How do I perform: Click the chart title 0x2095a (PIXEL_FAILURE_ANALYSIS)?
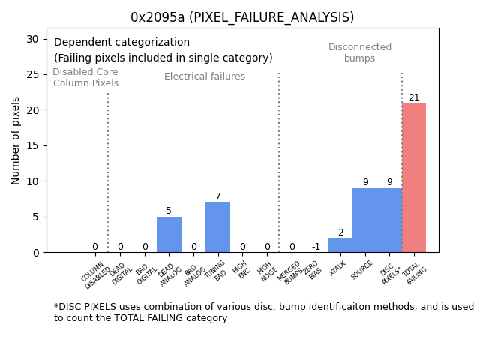242,17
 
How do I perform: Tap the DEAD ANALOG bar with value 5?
169,235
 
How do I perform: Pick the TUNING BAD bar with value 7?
217,227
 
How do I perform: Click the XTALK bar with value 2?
340,245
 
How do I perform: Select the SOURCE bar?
365,220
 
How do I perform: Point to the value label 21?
414,97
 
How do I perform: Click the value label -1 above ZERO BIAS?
316,247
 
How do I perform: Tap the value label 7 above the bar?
218,196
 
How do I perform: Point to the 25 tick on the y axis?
34,74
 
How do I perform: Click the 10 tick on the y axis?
34,181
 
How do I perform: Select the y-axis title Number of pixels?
16,140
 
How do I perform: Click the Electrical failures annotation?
205,76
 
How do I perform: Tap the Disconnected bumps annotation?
360,53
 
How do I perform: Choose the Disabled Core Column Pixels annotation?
85,78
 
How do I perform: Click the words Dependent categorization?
121,43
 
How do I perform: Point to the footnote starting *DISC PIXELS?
263,312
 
